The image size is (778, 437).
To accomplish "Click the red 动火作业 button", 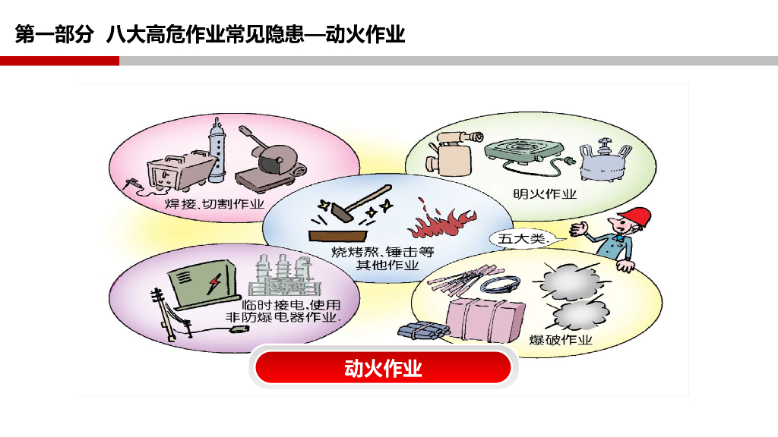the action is [x=383, y=368].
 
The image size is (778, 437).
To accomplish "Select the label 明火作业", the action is [x=545, y=193].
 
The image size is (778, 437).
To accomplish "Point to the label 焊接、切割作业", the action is [x=214, y=204].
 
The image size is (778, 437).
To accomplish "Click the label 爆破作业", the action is [x=561, y=339].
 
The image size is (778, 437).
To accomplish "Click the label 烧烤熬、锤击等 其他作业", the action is [x=383, y=258].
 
